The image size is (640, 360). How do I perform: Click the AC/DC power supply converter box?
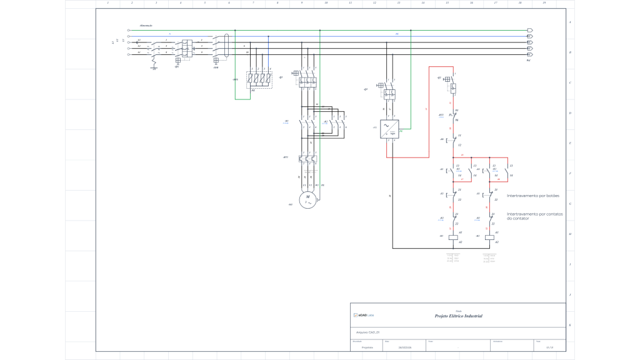390,129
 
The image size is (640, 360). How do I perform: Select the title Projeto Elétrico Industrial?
458,316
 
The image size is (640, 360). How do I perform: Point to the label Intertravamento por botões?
532,196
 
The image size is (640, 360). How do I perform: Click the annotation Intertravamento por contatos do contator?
534,216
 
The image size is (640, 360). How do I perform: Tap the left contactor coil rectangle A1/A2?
454,236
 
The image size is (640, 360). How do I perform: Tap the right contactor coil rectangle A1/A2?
491,236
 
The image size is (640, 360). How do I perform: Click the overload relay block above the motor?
307,159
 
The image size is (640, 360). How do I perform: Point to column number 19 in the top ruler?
544,3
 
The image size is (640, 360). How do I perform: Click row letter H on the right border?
570,233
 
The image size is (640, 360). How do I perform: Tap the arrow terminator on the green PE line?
530,30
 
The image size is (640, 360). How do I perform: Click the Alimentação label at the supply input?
146,25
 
